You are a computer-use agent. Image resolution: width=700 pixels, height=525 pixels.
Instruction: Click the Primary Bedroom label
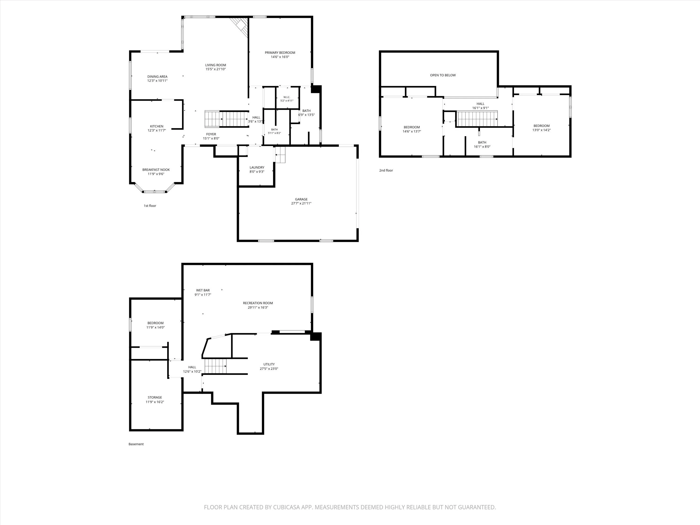[x=280, y=52]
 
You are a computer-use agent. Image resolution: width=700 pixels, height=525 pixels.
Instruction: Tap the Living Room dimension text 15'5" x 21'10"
[x=216, y=69]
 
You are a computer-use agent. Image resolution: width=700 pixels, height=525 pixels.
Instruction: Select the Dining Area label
[x=157, y=77]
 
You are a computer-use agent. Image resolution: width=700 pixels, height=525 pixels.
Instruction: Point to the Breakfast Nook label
[x=156, y=170]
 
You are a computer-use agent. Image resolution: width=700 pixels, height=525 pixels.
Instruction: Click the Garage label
[x=301, y=199]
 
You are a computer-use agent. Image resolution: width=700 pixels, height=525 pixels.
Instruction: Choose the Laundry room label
[x=257, y=167]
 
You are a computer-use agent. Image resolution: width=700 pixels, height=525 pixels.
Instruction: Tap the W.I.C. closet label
[x=287, y=97]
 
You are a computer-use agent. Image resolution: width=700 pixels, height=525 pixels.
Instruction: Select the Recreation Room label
[x=258, y=303]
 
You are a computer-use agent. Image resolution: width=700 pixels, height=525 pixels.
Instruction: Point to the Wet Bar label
[x=203, y=290]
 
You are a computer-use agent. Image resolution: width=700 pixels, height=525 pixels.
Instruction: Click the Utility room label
[x=269, y=364]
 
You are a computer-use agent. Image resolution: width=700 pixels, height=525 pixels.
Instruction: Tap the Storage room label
[x=155, y=397]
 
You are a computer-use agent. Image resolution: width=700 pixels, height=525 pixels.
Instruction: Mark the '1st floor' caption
[x=150, y=206]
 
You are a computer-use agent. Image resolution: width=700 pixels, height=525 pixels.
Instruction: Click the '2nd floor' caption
[x=386, y=170]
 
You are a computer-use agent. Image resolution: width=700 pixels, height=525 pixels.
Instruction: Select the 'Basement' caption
[x=136, y=444]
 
